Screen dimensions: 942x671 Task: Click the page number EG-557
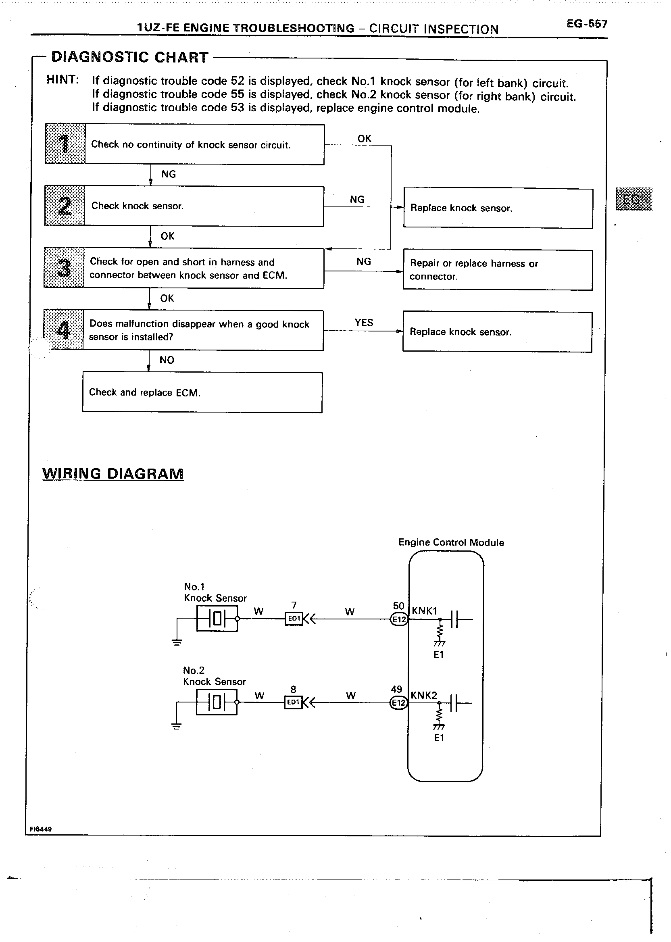point(587,24)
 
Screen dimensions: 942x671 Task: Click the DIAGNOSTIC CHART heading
point(129,57)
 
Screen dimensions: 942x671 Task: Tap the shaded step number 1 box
point(65,144)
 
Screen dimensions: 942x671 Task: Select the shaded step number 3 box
point(64,268)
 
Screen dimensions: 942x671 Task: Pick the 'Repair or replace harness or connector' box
point(498,270)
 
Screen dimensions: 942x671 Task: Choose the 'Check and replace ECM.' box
point(202,392)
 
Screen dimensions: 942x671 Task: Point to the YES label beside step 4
point(364,323)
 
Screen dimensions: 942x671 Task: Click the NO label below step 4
point(167,360)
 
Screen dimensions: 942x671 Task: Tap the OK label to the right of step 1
point(364,139)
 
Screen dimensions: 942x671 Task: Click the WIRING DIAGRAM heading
point(113,473)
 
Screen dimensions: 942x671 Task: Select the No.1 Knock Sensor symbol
point(217,619)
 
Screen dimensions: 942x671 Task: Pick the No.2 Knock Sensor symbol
point(217,702)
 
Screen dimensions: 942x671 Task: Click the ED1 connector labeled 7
point(294,619)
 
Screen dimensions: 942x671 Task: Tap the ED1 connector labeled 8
point(293,702)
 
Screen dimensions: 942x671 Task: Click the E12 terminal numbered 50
point(399,619)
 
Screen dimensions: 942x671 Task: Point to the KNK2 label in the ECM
point(423,695)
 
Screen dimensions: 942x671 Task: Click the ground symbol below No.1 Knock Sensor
point(177,643)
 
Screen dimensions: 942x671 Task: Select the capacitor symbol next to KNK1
point(455,619)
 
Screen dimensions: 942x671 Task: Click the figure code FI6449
point(40,829)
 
